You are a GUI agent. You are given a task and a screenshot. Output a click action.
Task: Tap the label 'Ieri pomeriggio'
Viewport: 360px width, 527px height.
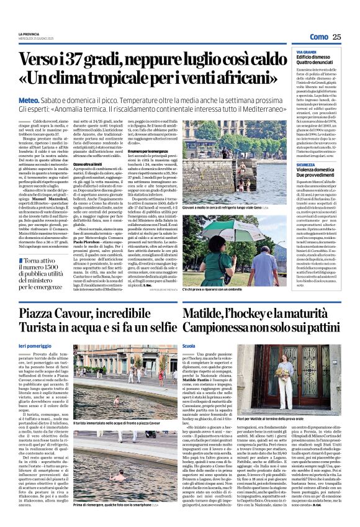point(33,345)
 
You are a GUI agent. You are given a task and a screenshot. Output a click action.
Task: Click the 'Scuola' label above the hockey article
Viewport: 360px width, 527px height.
point(189,345)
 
